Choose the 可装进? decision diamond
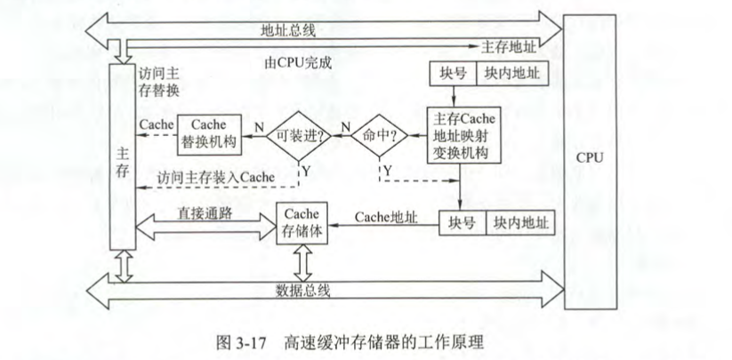click(x=299, y=138)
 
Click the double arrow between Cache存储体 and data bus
click(x=302, y=261)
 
